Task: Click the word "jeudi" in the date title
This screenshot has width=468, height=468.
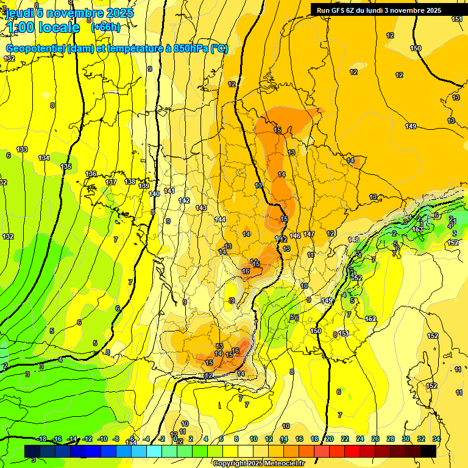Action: coord(20,13)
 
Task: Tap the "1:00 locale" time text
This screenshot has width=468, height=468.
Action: coord(43,27)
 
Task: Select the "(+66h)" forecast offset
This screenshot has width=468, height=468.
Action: coord(105,27)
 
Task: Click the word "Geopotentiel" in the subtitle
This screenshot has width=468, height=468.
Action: coord(35,49)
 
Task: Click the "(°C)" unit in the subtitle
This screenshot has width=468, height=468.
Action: coord(219,49)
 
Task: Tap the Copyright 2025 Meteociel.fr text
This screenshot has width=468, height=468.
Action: coord(258,464)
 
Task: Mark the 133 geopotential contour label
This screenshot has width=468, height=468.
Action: coord(22,149)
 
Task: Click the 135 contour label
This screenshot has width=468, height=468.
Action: coord(66,166)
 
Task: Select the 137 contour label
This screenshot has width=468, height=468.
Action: coord(111,182)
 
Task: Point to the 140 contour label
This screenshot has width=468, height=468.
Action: coord(154,193)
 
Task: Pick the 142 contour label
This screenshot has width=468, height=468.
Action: coord(184,200)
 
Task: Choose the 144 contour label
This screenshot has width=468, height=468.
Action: coord(220,219)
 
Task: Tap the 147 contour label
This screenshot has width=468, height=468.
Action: coord(309,234)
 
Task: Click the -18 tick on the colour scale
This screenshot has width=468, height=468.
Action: coord(42,439)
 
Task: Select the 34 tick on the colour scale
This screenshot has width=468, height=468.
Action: coord(436,439)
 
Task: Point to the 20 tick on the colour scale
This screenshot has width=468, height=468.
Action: coord(330,439)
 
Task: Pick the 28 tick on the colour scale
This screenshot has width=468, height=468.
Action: coord(391,439)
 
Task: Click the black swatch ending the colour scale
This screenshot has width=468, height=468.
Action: coord(428,451)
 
